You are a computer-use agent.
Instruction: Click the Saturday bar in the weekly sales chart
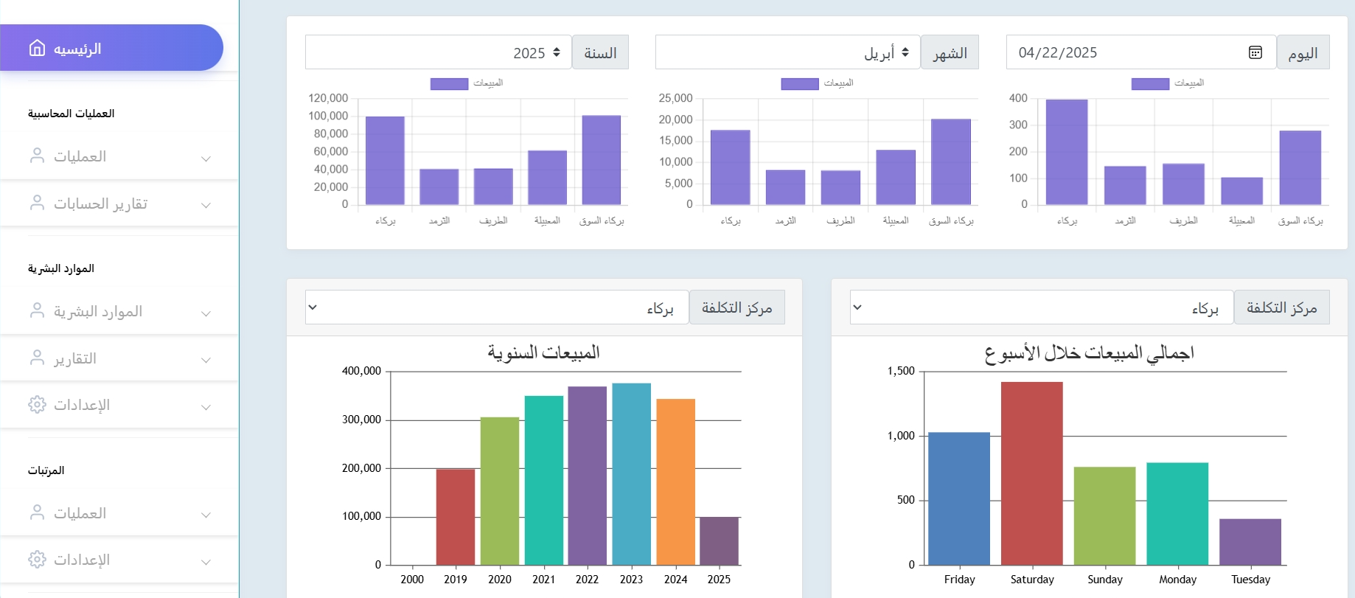tap(1031, 473)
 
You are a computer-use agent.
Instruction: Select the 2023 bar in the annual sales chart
tap(631, 474)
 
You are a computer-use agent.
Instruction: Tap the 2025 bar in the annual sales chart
tap(719, 540)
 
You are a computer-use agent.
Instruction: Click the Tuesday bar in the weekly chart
tap(1250, 542)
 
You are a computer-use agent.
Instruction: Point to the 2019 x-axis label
tap(455, 580)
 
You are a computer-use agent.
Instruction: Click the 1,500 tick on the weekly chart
tap(900, 371)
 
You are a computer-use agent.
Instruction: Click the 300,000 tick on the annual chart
tap(361, 420)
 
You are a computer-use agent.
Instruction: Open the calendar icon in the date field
tap(1255, 52)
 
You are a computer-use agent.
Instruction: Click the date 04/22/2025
tap(1057, 52)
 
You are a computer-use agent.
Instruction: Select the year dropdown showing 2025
tap(438, 52)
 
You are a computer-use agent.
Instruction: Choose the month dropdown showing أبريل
tap(787, 52)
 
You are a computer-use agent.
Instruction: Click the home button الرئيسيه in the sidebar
tap(111, 48)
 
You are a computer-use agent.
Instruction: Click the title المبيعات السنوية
tap(543, 352)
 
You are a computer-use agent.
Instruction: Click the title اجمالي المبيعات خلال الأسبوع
tap(1089, 353)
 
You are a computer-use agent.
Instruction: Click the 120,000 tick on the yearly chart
tap(328, 98)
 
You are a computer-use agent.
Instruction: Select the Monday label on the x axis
tap(1177, 580)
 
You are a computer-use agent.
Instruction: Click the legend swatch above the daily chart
tap(1149, 83)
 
